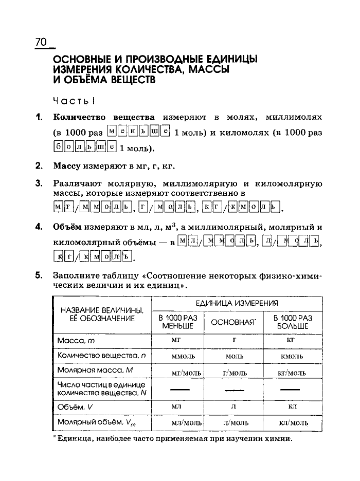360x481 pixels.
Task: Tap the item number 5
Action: (x=39, y=275)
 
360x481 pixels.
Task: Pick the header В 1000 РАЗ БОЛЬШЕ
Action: (x=293, y=322)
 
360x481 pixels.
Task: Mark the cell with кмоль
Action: (x=291, y=356)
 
